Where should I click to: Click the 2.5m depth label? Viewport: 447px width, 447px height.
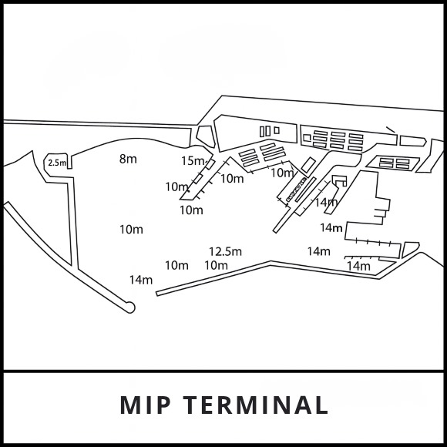pos(56,163)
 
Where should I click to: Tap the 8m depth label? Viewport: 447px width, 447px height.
pos(128,159)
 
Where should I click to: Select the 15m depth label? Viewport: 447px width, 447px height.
pos(192,161)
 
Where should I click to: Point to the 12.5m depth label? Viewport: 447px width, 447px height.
pos(225,251)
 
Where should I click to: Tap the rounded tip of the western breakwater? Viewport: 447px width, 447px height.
pos(129,308)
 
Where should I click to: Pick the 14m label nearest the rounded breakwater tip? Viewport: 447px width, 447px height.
pos(141,280)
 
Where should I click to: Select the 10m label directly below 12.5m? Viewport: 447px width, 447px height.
pos(216,265)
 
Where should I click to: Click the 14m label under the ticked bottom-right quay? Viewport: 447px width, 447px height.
pos(358,266)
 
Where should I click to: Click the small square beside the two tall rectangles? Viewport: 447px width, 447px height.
pos(276,130)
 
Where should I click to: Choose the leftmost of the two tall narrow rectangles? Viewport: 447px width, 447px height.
pos(262,131)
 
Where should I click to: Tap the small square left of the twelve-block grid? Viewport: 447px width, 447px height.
pos(307,137)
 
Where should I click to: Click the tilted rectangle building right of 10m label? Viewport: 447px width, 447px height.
pos(308,165)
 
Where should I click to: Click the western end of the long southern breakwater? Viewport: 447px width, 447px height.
pos(159,293)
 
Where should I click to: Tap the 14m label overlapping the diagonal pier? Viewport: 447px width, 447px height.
pos(326,203)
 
